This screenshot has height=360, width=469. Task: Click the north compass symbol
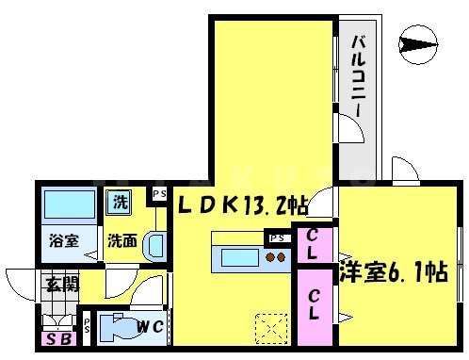417,41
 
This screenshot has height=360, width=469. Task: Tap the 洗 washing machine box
120,201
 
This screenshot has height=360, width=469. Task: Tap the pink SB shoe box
58,337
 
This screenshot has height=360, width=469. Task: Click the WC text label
150,327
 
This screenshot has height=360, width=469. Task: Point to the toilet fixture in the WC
117,329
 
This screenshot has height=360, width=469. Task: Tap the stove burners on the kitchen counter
276,255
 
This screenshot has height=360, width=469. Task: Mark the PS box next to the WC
87,326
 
